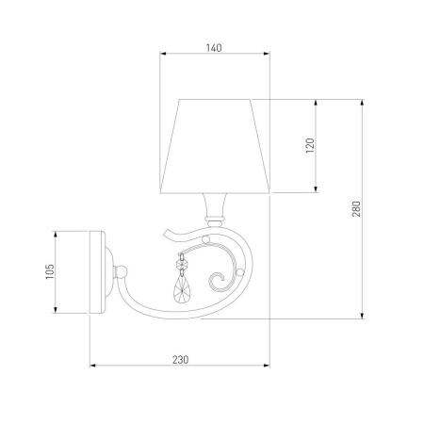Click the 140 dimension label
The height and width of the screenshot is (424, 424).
point(214,48)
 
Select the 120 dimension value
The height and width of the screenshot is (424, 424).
point(310,145)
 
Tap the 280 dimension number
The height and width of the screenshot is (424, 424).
point(356,209)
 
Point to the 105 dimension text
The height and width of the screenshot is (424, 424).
point(50,271)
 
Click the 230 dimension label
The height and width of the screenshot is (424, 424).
point(181,360)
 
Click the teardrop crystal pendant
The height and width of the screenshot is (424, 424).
point(181,289)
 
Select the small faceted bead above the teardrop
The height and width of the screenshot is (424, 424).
point(181,265)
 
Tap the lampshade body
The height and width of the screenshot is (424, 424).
point(215,146)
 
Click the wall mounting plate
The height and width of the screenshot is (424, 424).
point(97,272)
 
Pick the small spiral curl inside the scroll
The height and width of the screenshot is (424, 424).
point(218,282)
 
